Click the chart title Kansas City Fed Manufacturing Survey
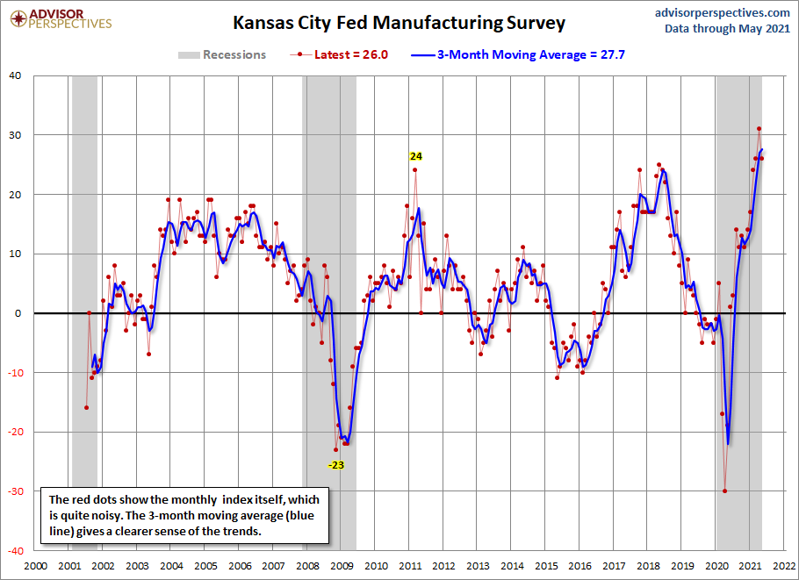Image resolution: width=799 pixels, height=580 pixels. click(399, 23)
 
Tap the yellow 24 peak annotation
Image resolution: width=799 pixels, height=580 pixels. click(416, 156)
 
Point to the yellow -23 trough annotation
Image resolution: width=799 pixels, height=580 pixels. click(336, 465)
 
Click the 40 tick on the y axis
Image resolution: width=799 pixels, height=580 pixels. click(15, 75)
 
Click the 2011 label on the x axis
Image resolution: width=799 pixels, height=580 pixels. click(409, 566)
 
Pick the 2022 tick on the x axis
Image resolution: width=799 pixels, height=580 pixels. click(784, 566)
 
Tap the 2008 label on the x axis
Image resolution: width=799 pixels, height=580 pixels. click(307, 566)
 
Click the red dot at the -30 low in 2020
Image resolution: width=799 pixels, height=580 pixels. click(724, 490)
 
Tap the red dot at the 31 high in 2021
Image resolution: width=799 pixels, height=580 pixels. click(759, 129)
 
